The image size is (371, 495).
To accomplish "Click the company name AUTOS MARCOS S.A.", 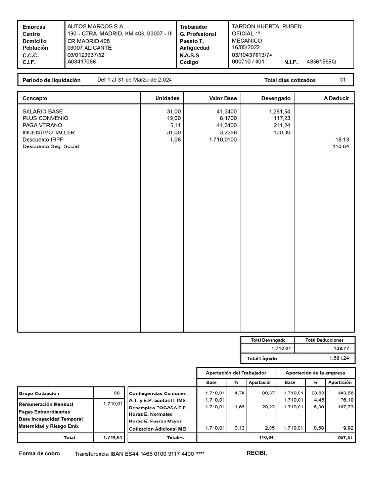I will pyautogui.click(x=96, y=26).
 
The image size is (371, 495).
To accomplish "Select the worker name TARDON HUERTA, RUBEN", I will pyautogui.click(x=267, y=26).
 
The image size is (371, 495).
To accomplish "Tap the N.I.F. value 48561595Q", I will pyautogui.click(x=321, y=62).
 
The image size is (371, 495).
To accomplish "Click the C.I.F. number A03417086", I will pyautogui.click(x=82, y=62).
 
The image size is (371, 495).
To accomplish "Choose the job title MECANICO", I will pyautogui.click(x=247, y=41).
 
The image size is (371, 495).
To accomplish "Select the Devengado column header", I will pyautogui.click(x=276, y=98).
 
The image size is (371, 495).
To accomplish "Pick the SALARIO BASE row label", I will pyautogui.click(x=43, y=111).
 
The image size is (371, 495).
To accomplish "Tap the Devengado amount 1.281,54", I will pyautogui.click(x=280, y=111).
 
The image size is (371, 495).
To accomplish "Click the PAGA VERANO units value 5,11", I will pyautogui.click(x=173, y=125).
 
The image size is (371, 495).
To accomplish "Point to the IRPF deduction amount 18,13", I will pyautogui.click(x=342, y=139).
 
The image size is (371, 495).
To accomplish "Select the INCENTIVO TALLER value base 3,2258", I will pyautogui.click(x=226, y=132).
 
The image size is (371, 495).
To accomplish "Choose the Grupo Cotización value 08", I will pyautogui.click(x=116, y=393).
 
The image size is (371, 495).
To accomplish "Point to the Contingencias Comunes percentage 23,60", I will pyautogui.click(x=317, y=393).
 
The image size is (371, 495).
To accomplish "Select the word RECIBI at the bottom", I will pyautogui.click(x=257, y=453).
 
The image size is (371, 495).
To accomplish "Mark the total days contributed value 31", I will pyautogui.click(x=343, y=80).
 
